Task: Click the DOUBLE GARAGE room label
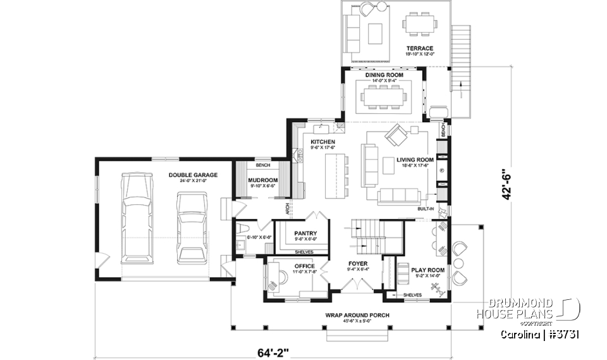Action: pos(193,175)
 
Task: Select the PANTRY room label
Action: pos(305,233)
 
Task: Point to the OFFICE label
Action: pos(304,266)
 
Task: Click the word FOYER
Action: pos(358,263)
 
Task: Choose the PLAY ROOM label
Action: pos(428,270)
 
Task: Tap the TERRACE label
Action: pos(420,49)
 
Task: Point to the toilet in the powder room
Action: pos(243,228)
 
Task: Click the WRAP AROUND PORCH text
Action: pos(357,315)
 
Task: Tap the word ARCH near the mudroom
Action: pos(287,208)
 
